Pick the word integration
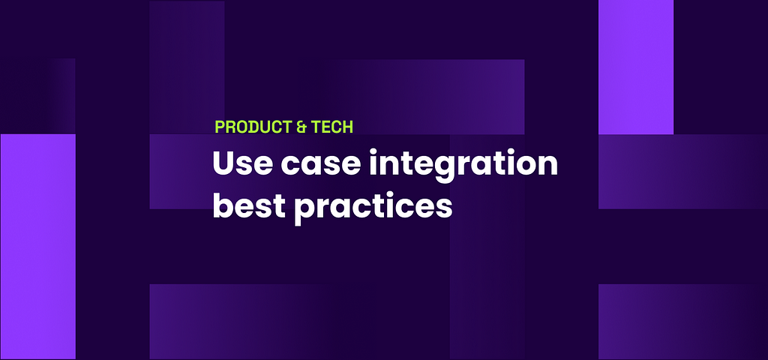tap(463, 166)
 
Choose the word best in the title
tap(249, 205)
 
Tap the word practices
tap(373, 207)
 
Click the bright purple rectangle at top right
tap(636, 67)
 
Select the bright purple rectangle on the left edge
tap(37, 246)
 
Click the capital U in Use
tap(223, 163)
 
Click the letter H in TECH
tap(347, 127)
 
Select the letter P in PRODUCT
tap(220, 127)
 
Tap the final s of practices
tap(444, 208)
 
